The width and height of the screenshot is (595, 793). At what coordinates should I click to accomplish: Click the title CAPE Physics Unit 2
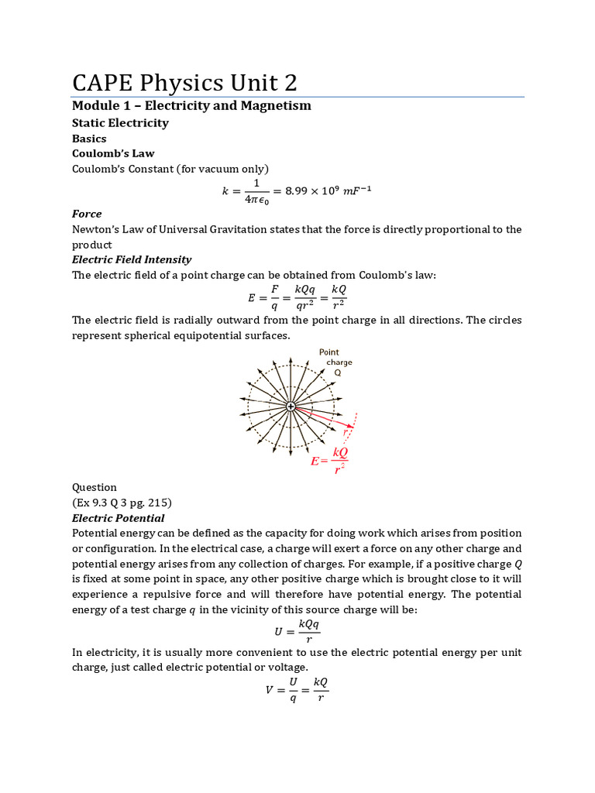pos(184,83)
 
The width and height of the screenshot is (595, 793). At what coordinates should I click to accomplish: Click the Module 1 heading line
pos(191,105)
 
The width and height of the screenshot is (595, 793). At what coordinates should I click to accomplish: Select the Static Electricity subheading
pos(120,122)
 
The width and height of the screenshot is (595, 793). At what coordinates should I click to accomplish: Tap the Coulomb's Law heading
pos(111,153)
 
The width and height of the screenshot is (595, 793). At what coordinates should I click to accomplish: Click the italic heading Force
pos(87,213)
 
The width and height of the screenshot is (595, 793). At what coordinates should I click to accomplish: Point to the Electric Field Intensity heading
pos(132,259)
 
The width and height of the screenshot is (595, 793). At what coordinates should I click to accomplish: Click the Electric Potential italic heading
pos(118,518)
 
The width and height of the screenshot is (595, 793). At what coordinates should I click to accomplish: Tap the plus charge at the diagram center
pos(291,406)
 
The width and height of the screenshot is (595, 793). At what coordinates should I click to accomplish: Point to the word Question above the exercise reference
pos(95,487)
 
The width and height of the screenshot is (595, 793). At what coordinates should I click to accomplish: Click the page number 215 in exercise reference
pos(160,503)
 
